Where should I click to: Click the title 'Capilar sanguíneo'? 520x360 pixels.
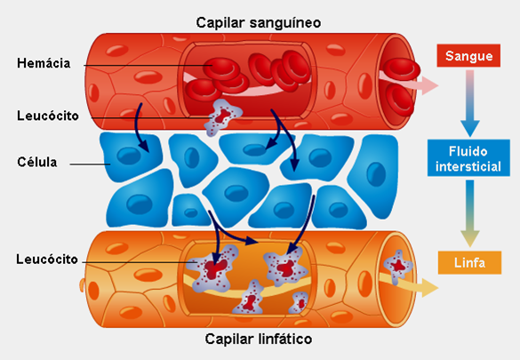tap(259, 23)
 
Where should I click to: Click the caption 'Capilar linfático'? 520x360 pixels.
tap(259, 339)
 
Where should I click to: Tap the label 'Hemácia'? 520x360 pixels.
tap(44, 63)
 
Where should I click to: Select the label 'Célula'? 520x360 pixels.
tap(37, 162)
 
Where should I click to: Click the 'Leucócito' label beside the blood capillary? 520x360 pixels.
tap(48, 116)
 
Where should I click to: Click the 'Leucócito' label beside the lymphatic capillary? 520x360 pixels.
tap(47, 260)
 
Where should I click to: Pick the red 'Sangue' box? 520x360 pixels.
tap(468, 56)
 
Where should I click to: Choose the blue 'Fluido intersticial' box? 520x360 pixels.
tap(468, 158)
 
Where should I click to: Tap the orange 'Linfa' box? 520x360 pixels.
tap(469, 263)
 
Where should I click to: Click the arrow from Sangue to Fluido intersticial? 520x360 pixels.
tap(469, 103)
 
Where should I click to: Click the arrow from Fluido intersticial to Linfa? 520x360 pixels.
tap(469, 213)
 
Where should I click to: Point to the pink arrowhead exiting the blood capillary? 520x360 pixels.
tap(430, 85)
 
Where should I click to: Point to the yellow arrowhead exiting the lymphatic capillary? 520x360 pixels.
tap(430, 288)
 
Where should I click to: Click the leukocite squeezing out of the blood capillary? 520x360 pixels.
tap(222, 117)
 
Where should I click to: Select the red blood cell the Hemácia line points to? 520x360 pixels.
tap(221, 68)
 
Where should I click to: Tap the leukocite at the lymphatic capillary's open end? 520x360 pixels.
tap(398, 266)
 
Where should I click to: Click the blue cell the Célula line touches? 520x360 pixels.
tap(131, 156)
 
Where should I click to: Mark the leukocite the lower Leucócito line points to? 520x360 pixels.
tap(213, 268)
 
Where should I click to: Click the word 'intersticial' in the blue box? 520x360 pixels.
tap(468, 166)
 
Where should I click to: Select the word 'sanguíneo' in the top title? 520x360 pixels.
tap(285, 23)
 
